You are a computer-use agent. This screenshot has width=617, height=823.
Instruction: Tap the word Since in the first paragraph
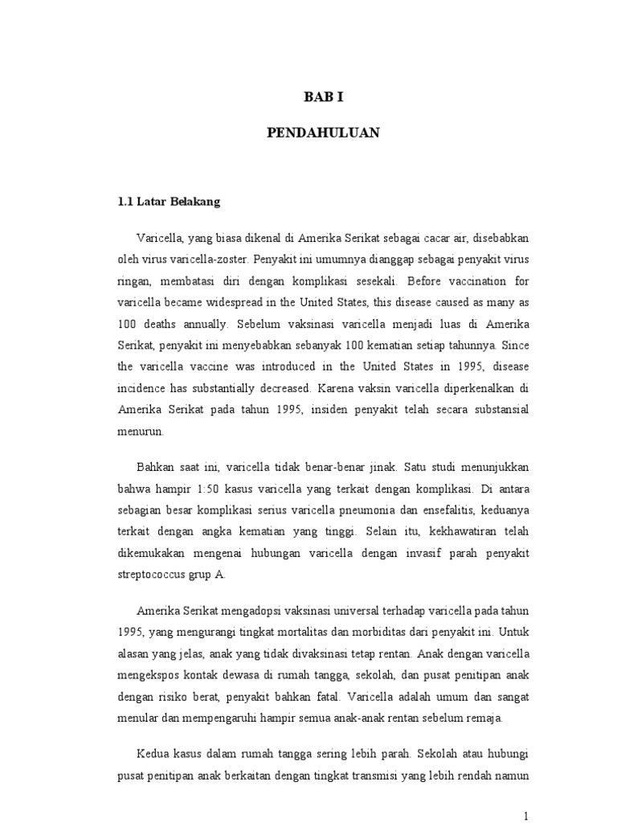pos(512,346)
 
